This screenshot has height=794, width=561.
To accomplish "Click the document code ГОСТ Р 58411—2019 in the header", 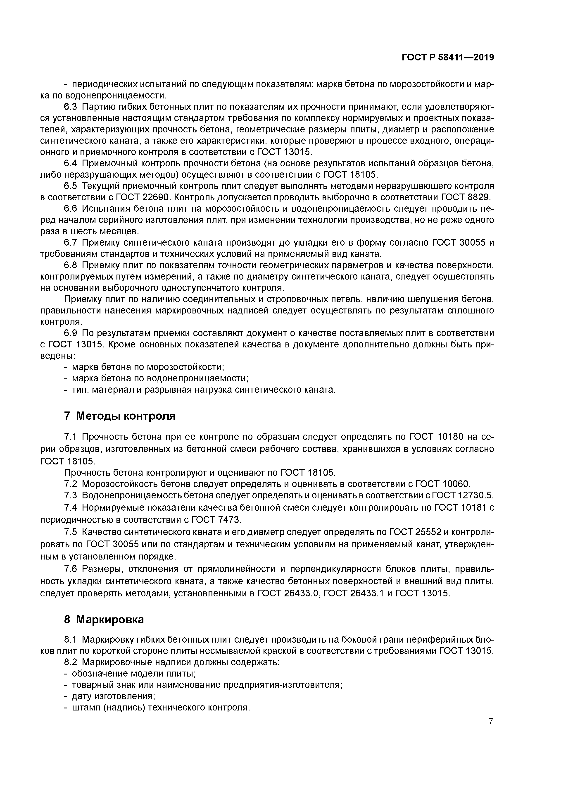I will coord(448,58).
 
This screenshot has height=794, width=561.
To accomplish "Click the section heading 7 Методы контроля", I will coord(120,416).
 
